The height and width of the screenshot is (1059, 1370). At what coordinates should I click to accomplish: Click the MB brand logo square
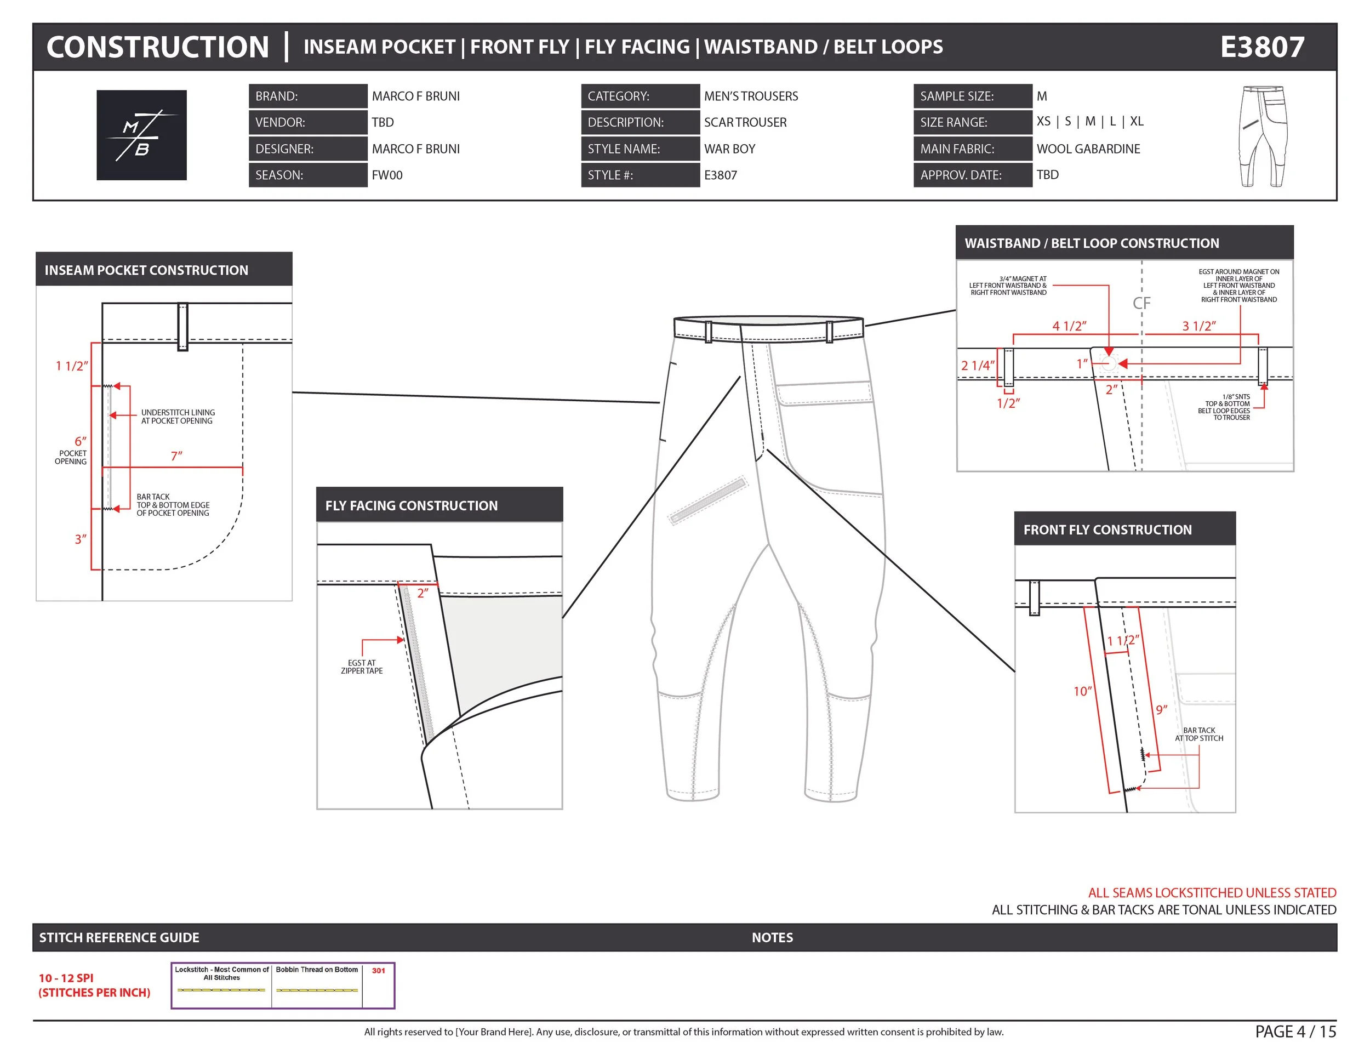tap(141, 135)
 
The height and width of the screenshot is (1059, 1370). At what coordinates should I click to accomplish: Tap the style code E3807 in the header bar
tap(1261, 47)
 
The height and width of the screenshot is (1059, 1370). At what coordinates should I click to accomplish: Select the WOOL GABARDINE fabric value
tap(1088, 149)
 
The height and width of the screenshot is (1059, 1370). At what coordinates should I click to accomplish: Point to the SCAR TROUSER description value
tap(745, 122)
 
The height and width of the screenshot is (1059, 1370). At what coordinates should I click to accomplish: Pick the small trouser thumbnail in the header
tap(1263, 136)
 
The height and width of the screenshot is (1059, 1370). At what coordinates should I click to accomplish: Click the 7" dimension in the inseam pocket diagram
tap(176, 456)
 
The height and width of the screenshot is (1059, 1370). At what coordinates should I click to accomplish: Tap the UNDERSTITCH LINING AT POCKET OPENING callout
tap(178, 417)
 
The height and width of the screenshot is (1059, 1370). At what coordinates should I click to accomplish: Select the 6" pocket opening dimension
tap(81, 441)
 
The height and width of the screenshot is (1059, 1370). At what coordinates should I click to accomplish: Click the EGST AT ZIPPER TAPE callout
tap(361, 667)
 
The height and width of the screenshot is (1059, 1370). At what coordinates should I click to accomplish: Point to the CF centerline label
tap(1141, 303)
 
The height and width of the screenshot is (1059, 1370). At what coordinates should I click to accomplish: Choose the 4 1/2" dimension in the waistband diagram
tap(1069, 326)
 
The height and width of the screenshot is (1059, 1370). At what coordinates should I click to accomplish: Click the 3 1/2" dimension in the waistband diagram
tap(1199, 326)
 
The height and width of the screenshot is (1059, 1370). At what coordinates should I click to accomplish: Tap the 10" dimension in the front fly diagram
tap(1082, 691)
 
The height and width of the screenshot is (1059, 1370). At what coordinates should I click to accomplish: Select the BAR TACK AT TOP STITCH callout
tap(1199, 734)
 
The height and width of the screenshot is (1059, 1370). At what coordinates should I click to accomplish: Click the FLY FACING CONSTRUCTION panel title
tap(411, 506)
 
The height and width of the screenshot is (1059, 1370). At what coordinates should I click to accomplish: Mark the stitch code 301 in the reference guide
tap(378, 971)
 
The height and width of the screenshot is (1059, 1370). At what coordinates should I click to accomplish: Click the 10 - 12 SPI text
tap(66, 978)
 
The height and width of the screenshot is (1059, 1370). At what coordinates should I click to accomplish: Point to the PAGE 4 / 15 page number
tap(1295, 1032)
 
